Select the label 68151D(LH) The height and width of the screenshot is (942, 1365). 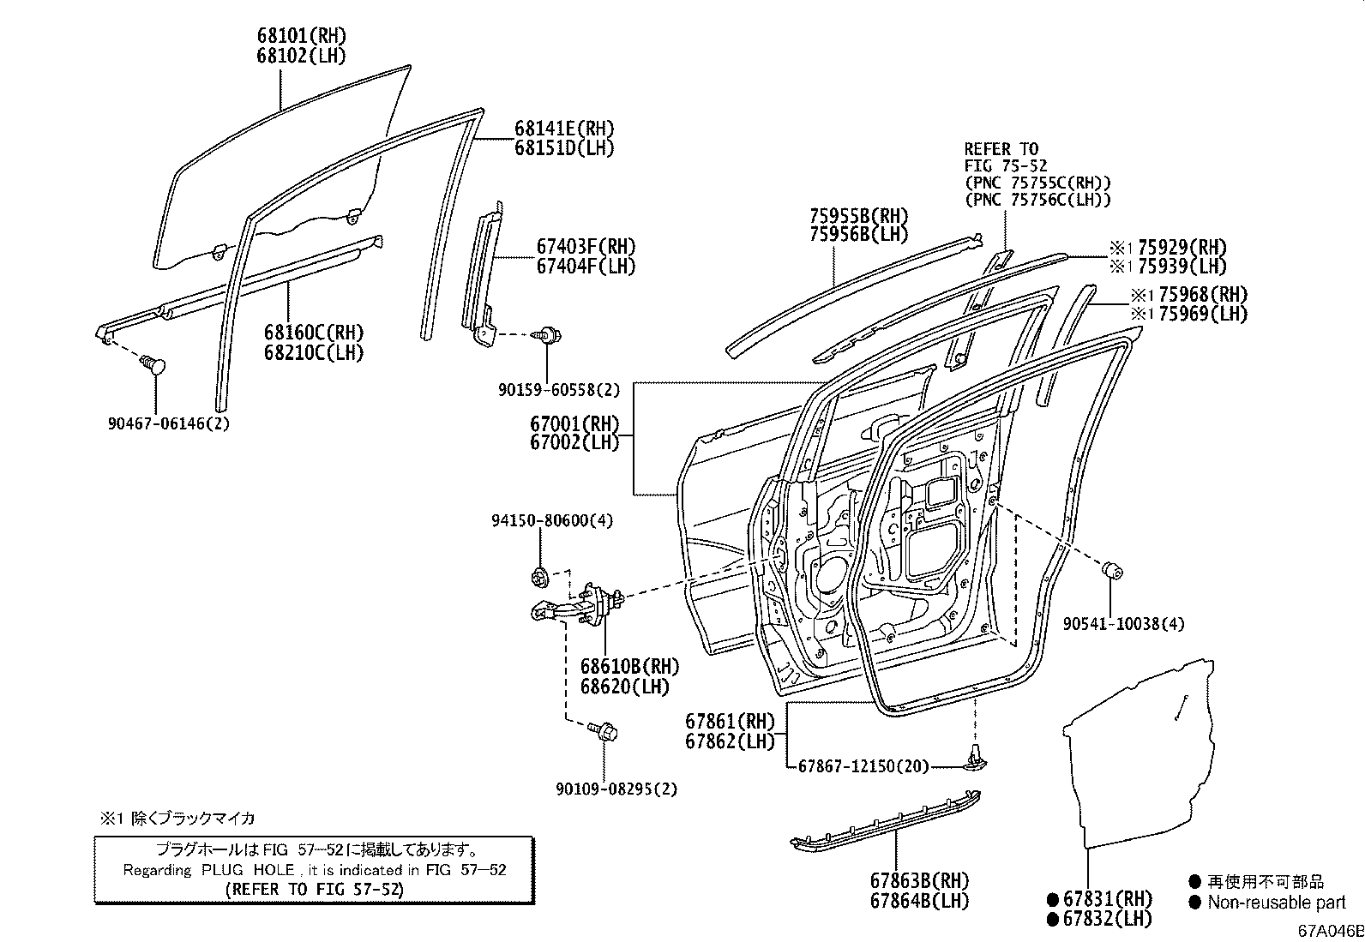564,148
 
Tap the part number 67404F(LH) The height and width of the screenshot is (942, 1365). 586,267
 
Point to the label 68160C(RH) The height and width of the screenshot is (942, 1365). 314,333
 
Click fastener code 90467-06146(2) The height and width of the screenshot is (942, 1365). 169,423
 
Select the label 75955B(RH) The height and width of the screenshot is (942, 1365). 858,215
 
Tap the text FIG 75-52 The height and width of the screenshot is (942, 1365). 1006,166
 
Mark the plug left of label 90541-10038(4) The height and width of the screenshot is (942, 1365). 1112,570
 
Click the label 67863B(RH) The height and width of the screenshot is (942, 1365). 919,881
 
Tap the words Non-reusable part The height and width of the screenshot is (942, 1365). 1276,903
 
